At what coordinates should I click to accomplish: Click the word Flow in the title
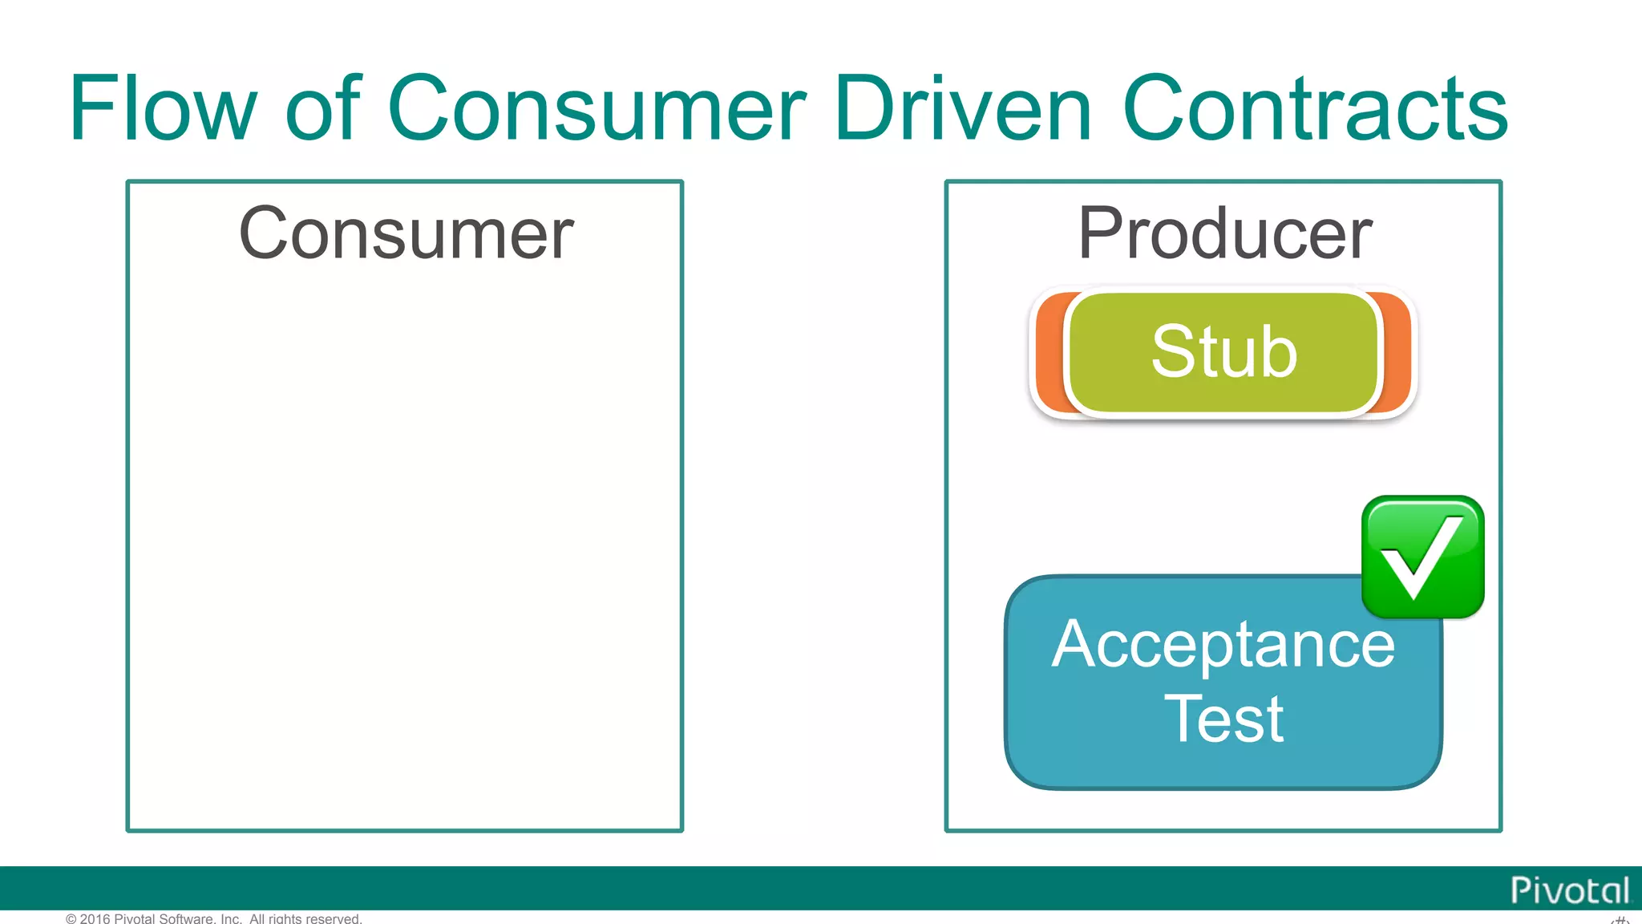click(163, 108)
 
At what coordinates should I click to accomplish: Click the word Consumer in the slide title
click(596, 108)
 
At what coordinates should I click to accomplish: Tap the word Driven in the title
click(962, 108)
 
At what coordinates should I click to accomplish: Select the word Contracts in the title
click(1315, 108)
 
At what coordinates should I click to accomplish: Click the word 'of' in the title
click(323, 108)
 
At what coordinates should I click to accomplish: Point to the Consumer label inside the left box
click(406, 233)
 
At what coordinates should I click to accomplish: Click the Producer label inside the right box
click(1224, 233)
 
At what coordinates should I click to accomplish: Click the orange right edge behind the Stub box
click(1397, 353)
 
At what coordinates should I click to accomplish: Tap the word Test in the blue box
click(1223, 719)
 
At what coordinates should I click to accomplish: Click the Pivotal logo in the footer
click(1569, 890)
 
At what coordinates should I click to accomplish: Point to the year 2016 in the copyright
click(95, 918)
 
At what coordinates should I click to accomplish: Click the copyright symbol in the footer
click(71, 918)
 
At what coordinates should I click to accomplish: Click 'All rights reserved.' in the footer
click(305, 918)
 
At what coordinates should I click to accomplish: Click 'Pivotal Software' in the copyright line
click(165, 918)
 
